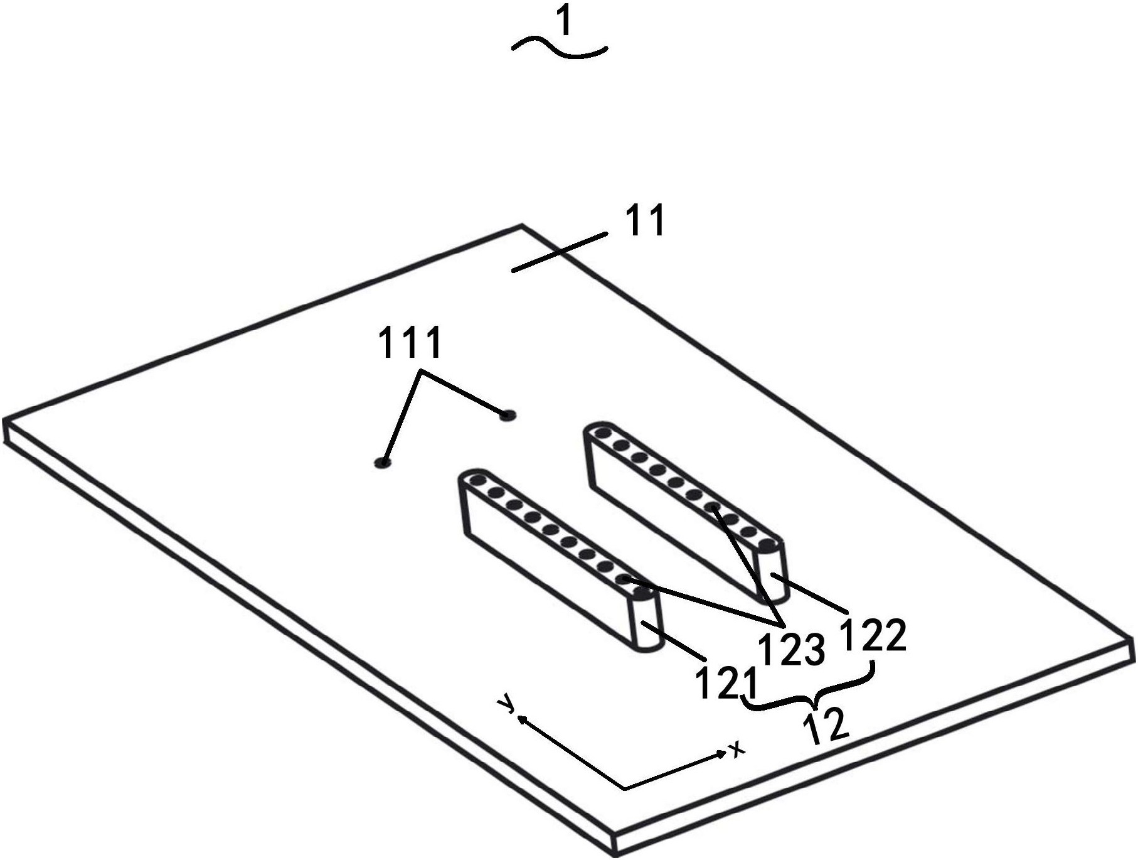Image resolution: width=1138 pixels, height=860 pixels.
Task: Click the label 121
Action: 726,683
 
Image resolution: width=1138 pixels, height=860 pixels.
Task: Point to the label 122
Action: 873,636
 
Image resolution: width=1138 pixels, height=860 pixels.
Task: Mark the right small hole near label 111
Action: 507,415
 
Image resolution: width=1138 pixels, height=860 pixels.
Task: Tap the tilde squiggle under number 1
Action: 560,48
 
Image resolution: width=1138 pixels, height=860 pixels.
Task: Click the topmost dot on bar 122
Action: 603,433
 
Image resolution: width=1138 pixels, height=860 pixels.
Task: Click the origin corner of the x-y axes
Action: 625,788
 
